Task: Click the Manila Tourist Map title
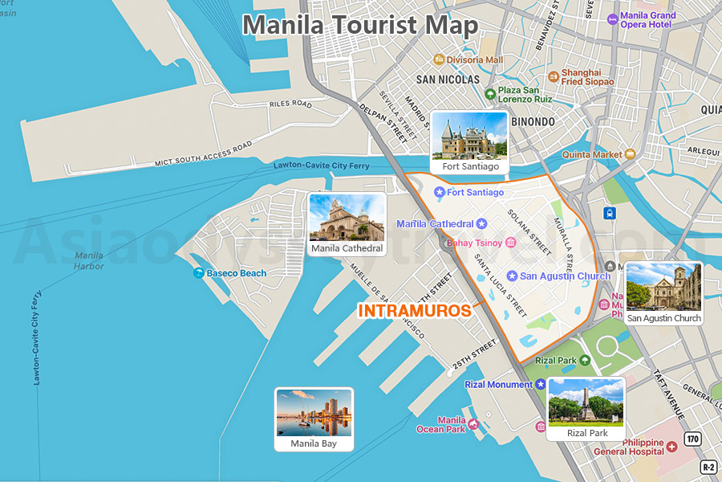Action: [360, 24]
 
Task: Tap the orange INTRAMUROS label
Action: [414, 311]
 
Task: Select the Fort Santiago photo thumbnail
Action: [469, 136]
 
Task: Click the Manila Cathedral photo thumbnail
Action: [347, 218]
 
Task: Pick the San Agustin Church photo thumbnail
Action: [663, 287]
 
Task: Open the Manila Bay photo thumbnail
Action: [313, 413]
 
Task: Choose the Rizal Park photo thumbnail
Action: [586, 402]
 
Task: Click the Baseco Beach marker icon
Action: [198, 273]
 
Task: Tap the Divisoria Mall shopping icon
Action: [439, 59]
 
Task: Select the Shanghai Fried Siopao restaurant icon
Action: [554, 76]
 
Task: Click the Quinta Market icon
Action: [631, 153]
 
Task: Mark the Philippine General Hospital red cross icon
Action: [671, 446]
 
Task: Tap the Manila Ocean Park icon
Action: [473, 424]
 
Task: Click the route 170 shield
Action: [692, 438]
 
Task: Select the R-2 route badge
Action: [708, 467]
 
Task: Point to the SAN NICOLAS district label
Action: [448, 80]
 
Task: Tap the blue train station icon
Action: [610, 213]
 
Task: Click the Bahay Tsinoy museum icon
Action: [510, 243]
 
